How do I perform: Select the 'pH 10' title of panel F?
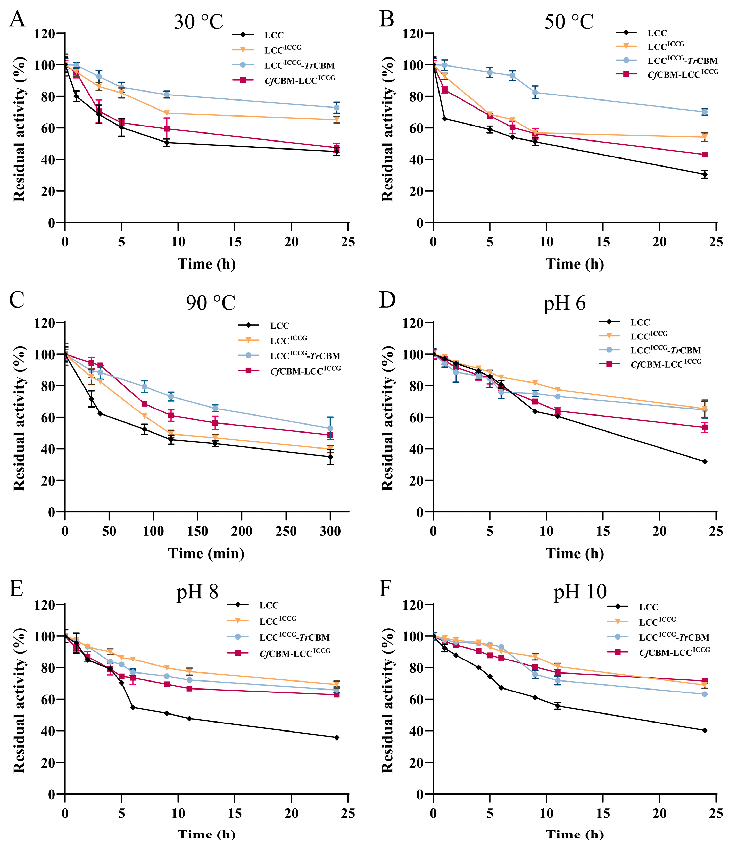tap(580, 592)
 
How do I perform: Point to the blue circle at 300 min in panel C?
tap(330, 428)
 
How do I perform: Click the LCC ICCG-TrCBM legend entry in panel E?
tap(294, 637)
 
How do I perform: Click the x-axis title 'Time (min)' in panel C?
tap(206, 553)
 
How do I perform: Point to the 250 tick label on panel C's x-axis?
tap(286, 531)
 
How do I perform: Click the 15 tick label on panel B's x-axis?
tap(603, 242)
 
